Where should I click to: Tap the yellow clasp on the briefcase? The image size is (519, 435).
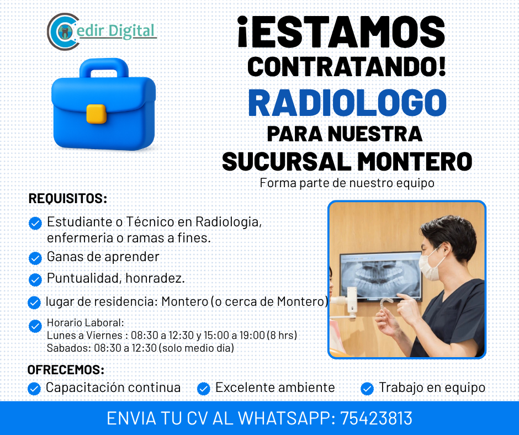[x=96, y=114]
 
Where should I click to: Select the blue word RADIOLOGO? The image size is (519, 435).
[x=347, y=103]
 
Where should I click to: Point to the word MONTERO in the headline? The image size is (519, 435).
[x=415, y=162]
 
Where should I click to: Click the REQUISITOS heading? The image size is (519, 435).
[x=68, y=199]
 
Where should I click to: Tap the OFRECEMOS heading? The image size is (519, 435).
[x=66, y=370]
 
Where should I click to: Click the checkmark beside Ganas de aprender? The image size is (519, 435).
[x=35, y=258]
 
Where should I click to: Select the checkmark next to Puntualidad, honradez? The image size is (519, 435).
[x=35, y=280]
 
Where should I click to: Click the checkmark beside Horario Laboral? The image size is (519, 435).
[x=35, y=326]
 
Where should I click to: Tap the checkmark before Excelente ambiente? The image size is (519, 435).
[x=204, y=389]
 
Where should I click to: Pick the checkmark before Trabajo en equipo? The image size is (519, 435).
[x=367, y=389]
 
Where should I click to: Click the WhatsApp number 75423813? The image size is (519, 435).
[x=377, y=418]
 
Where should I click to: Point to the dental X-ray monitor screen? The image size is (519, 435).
[x=381, y=277]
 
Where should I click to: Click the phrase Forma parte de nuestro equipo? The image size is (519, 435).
[x=347, y=183]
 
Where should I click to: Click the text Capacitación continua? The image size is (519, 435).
[x=113, y=388]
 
